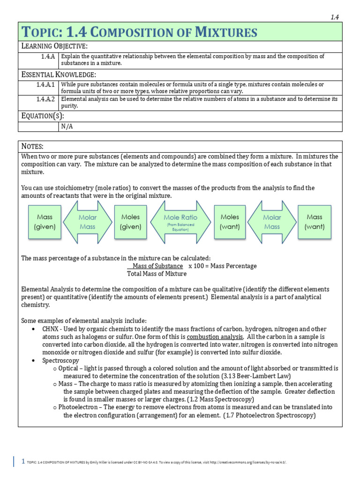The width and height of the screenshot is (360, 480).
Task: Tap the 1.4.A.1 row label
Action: click(x=45, y=84)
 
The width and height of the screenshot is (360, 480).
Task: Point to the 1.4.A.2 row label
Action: click(x=45, y=99)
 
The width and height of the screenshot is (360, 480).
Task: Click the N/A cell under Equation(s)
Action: click(x=67, y=127)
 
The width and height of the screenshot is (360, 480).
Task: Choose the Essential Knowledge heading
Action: click(x=59, y=74)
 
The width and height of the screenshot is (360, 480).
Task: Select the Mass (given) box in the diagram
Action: click(x=45, y=222)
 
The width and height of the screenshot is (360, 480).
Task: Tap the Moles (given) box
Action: click(x=131, y=222)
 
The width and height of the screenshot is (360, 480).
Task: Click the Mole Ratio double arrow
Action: click(x=180, y=222)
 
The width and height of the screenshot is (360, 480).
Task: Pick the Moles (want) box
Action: click(x=230, y=222)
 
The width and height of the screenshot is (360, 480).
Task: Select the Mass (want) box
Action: click(x=315, y=222)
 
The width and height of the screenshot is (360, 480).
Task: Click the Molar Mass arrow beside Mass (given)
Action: click(x=88, y=222)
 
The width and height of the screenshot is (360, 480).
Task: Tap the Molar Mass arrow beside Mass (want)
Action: click(x=272, y=222)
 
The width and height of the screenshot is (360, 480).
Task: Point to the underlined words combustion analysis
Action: click(x=215, y=337)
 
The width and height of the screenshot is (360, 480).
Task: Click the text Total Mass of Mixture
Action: click(x=157, y=274)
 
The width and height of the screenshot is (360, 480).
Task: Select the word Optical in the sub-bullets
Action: click(x=68, y=368)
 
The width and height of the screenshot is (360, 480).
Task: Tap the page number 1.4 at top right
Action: click(x=335, y=17)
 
